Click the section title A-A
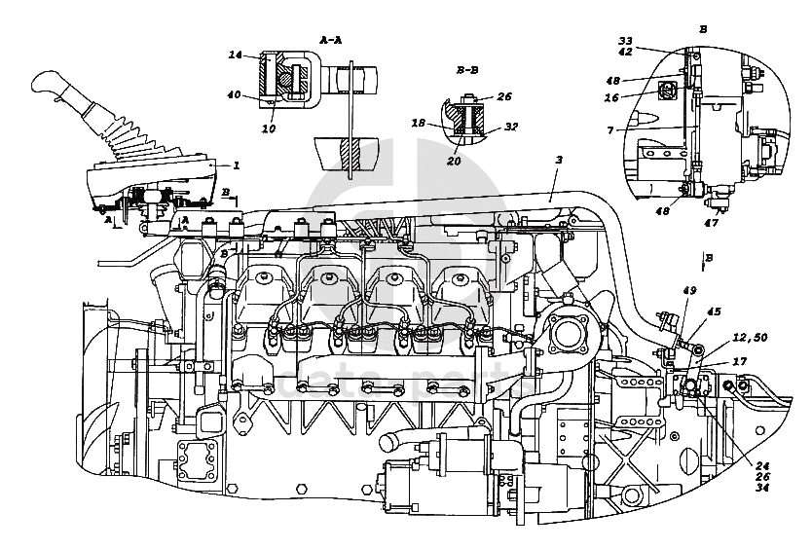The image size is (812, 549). [331, 39]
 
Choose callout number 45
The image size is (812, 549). [715, 311]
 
